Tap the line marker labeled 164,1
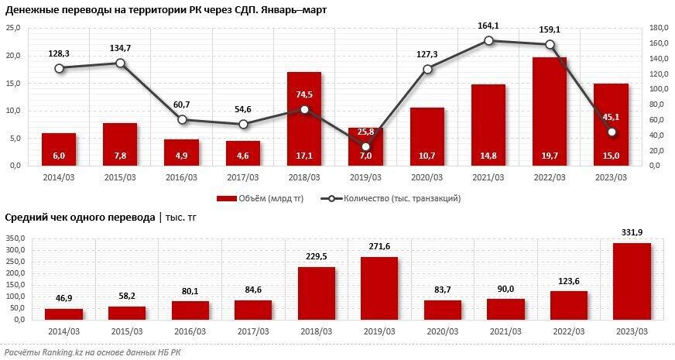pyautogui.click(x=488, y=40)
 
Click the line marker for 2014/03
pyautogui.click(x=59, y=68)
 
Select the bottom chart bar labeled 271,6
pyautogui.click(x=379, y=288)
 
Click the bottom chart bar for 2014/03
pyautogui.click(x=63, y=314)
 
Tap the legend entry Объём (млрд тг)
pyautogui.click(x=259, y=198)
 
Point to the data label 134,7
pyautogui.click(x=120, y=48)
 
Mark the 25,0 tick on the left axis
pyautogui.click(x=13, y=28)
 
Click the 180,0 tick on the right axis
pyautogui.click(x=659, y=28)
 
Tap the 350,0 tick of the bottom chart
pyautogui.click(x=15, y=239)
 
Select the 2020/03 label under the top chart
pyautogui.click(x=427, y=177)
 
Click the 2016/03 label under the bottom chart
pyautogui.click(x=190, y=332)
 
